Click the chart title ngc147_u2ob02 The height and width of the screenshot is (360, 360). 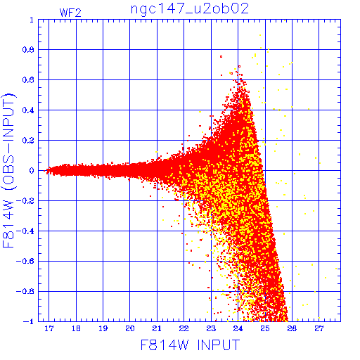190,9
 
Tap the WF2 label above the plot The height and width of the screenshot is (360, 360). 70,13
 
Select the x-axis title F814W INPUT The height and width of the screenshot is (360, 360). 190,345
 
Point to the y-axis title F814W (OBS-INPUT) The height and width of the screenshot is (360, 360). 8,170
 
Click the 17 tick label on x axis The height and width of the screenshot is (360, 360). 49,328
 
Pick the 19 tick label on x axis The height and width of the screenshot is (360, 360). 103,328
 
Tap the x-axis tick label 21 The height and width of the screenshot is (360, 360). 157,328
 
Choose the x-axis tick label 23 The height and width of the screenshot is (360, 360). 211,328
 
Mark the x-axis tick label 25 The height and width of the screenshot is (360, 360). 265,328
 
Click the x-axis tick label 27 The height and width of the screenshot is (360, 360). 319,328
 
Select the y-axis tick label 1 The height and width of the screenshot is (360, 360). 32,20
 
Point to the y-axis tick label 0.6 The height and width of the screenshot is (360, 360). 28,80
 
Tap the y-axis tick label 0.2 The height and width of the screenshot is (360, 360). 28,141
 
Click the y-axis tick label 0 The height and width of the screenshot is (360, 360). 32,171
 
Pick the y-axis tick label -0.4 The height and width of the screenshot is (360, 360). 25,231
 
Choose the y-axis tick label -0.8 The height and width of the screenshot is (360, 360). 25,292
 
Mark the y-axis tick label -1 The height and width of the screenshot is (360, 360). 29,321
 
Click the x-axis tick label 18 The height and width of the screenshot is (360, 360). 76,328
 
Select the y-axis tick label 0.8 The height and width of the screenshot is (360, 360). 28,50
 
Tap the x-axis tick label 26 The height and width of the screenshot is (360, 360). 292,328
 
